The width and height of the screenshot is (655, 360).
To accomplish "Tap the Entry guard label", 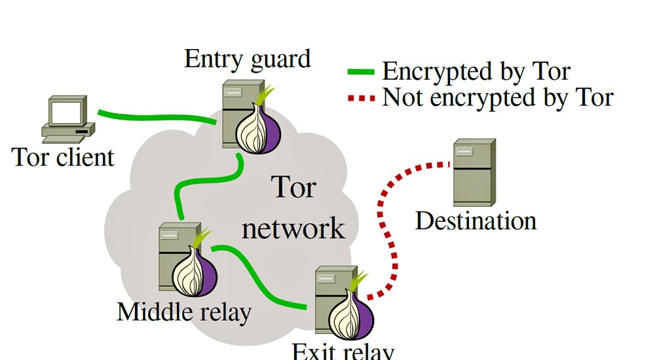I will click(247, 59).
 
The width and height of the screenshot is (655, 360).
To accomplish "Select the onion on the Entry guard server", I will click(259, 128).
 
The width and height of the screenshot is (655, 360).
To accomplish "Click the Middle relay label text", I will click(183, 312).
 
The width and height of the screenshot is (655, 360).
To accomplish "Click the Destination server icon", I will click(473, 172).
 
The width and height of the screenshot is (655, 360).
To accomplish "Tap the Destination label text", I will click(476, 221).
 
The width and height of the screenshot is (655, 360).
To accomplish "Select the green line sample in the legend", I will click(360, 71).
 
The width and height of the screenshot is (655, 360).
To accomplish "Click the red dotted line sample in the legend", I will click(360, 99).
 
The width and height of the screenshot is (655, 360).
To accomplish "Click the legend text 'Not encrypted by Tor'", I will click(498, 98).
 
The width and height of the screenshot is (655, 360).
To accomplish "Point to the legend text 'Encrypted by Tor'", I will click(476, 71).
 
